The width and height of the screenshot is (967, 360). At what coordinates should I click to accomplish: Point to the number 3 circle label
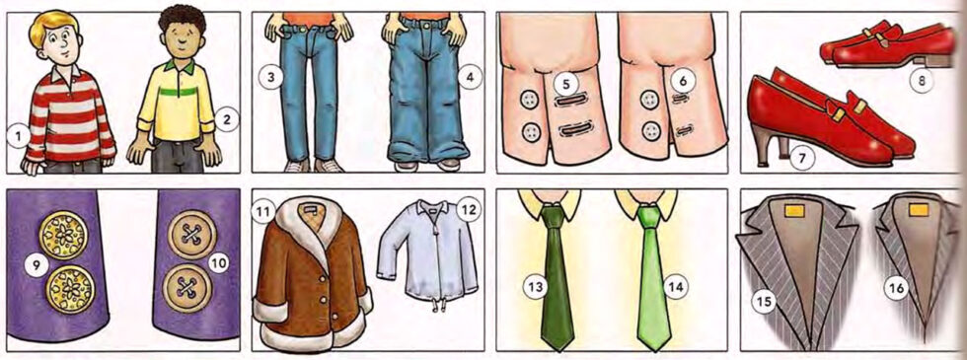[267, 75]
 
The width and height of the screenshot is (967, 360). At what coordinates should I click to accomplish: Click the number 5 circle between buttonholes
[565, 85]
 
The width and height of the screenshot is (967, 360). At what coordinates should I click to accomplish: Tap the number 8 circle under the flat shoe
[922, 81]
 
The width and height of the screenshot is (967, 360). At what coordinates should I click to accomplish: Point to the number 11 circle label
[263, 211]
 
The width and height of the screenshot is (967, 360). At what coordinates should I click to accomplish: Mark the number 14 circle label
[675, 286]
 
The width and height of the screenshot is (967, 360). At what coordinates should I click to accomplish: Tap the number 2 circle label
[226, 120]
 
